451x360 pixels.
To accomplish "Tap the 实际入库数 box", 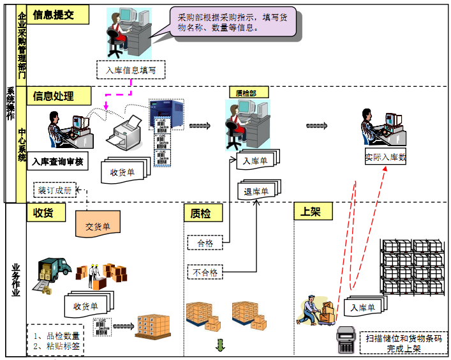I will point(385,157).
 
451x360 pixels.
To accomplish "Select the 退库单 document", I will point(256,190).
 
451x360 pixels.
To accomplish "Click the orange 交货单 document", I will point(98,225).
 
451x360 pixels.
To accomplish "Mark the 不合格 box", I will point(205,273).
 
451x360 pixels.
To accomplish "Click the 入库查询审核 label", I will point(57,162).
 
